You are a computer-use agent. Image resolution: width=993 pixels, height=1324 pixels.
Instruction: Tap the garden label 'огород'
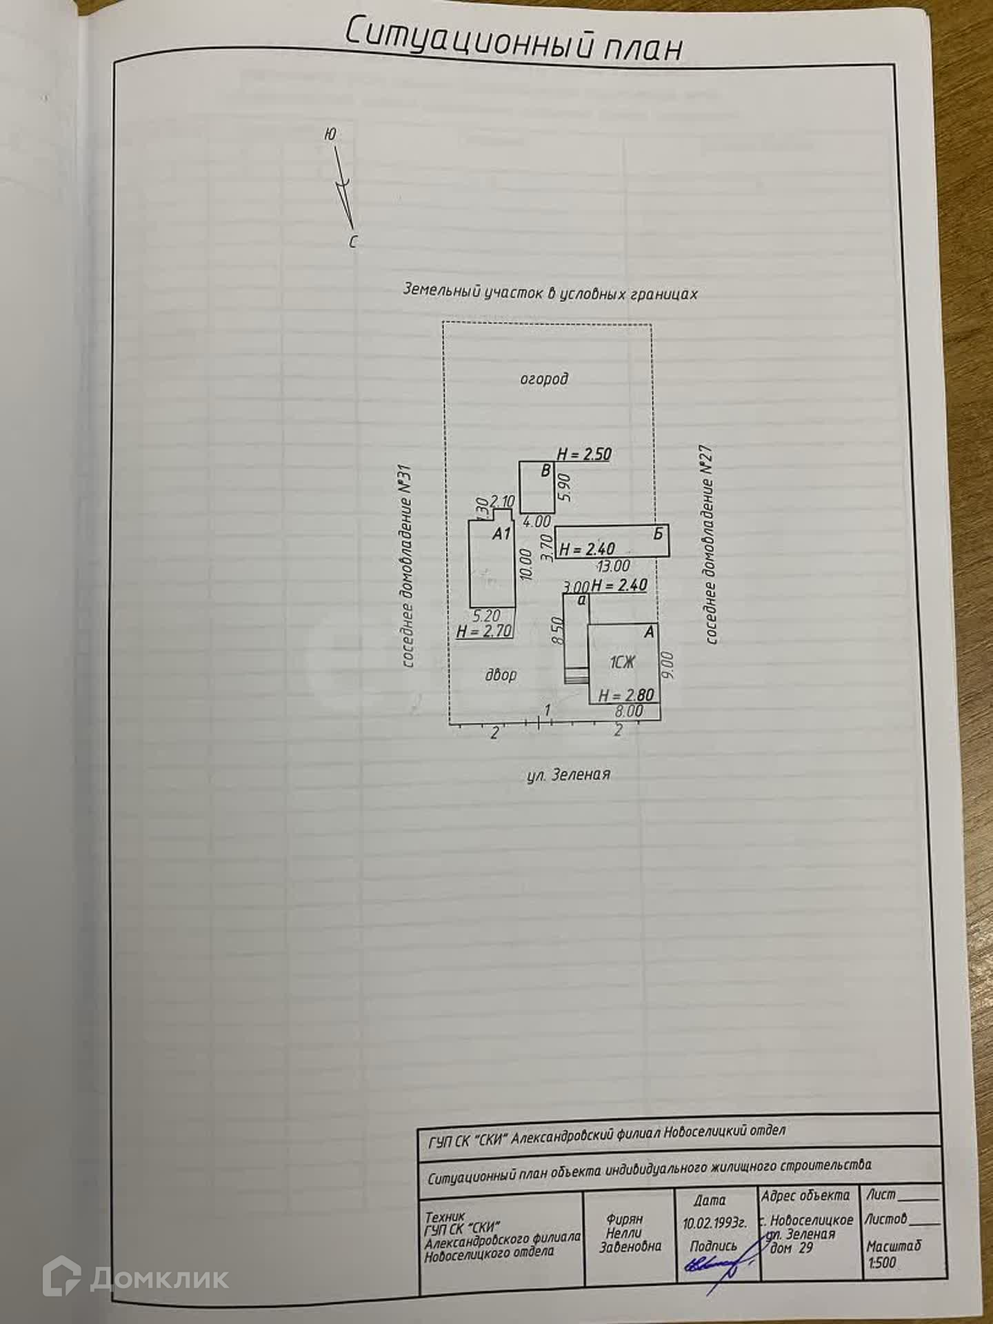click(544, 379)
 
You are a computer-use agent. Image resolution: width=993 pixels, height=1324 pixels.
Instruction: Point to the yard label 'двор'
click(501, 674)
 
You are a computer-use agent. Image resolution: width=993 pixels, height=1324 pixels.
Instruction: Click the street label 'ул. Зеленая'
click(568, 774)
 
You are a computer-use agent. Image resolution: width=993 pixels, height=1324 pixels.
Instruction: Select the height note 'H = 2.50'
click(584, 454)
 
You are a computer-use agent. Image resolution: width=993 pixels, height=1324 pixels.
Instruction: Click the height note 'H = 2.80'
click(625, 695)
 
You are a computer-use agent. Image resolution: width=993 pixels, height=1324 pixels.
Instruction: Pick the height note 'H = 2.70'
click(483, 630)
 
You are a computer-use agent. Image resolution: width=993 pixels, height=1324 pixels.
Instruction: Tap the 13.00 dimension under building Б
click(613, 566)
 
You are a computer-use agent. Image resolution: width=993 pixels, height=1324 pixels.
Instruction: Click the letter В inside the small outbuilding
click(546, 472)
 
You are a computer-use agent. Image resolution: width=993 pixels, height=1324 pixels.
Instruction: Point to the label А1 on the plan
click(501, 533)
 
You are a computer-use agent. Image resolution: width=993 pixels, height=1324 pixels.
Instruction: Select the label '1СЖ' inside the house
click(622, 663)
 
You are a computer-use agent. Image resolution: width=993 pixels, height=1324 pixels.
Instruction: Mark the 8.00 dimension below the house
click(628, 711)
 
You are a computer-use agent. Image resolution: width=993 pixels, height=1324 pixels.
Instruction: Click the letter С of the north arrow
click(353, 242)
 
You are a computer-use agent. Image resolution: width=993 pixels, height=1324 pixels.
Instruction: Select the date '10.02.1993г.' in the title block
click(714, 1223)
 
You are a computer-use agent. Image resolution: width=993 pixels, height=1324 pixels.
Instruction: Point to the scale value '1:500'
click(882, 1263)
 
